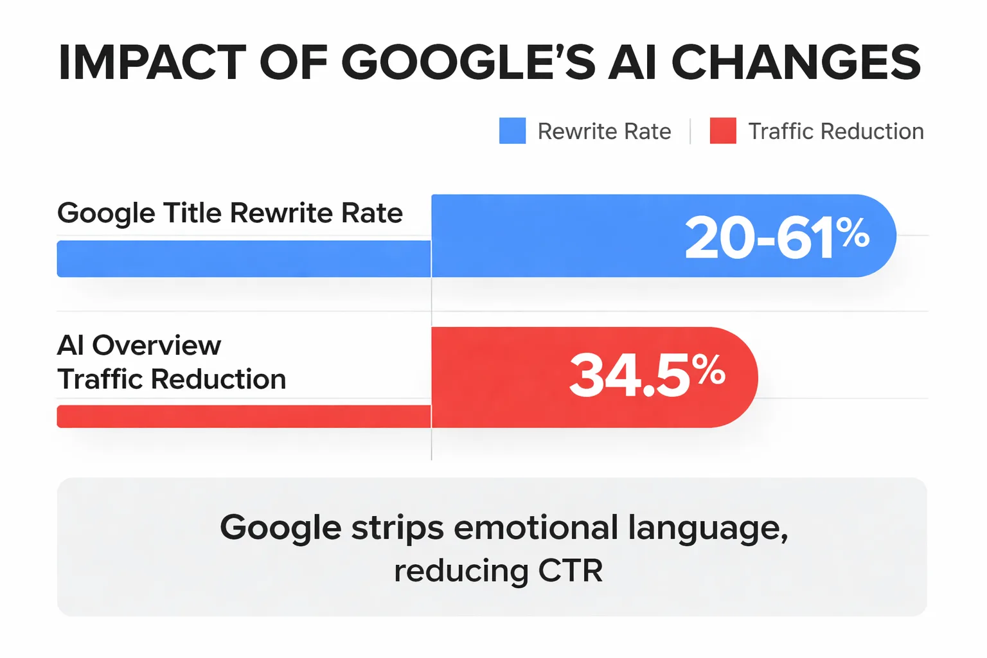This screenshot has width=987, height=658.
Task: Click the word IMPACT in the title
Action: coord(152,63)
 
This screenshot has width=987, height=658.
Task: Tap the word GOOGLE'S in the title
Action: coord(468,63)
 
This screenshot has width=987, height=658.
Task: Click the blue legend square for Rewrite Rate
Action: coord(512,131)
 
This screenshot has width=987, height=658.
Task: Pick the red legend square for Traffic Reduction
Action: coord(723,131)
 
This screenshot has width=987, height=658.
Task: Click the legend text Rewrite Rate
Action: coord(604,132)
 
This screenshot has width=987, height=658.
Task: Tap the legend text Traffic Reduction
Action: coord(836,132)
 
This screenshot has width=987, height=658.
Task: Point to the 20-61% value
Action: coord(776,238)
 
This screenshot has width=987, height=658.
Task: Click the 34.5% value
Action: coord(646,375)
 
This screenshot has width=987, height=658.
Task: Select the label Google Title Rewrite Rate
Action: coord(230,213)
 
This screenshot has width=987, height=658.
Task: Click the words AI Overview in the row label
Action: coord(139,346)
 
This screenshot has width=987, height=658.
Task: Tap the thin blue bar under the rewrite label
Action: coord(244,259)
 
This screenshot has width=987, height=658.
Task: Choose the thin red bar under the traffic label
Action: coord(244,416)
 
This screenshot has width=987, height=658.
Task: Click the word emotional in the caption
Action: coord(535,528)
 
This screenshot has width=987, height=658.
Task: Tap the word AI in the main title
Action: coord(633,63)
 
